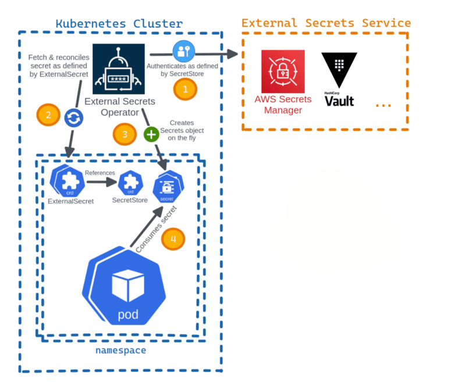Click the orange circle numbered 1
(x=186, y=89)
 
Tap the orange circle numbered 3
(x=125, y=135)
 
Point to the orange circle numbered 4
(x=173, y=238)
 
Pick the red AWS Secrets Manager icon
(x=283, y=71)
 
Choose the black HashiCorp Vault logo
(x=339, y=80)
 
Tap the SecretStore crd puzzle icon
(x=130, y=183)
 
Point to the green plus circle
(x=151, y=134)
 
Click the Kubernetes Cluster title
(x=119, y=24)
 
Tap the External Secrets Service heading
(x=326, y=23)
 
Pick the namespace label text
(x=120, y=351)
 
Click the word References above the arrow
(x=99, y=173)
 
